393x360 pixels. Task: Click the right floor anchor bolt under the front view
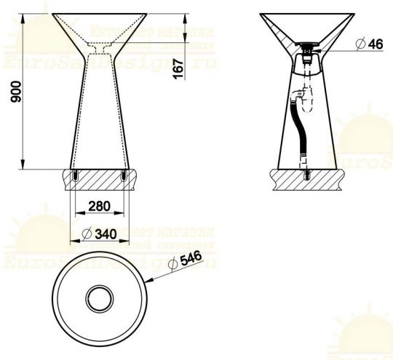pyautogui.click(x=123, y=176)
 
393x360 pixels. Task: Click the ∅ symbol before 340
pyautogui.click(x=86, y=234)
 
